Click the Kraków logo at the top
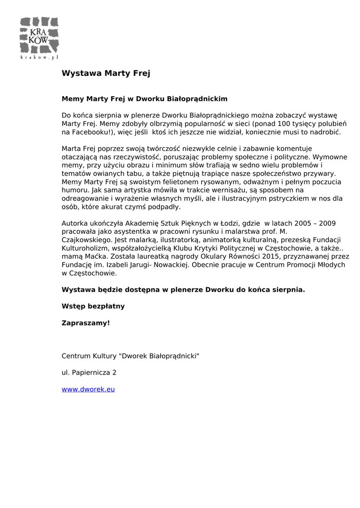39,38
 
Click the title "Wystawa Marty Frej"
106,73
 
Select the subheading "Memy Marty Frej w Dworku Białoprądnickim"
144,99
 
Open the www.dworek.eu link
88,389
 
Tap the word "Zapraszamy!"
85,323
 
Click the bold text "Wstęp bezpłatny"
93,306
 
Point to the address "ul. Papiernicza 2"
89,372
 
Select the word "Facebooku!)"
94,132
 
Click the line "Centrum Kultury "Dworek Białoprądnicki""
130,356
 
